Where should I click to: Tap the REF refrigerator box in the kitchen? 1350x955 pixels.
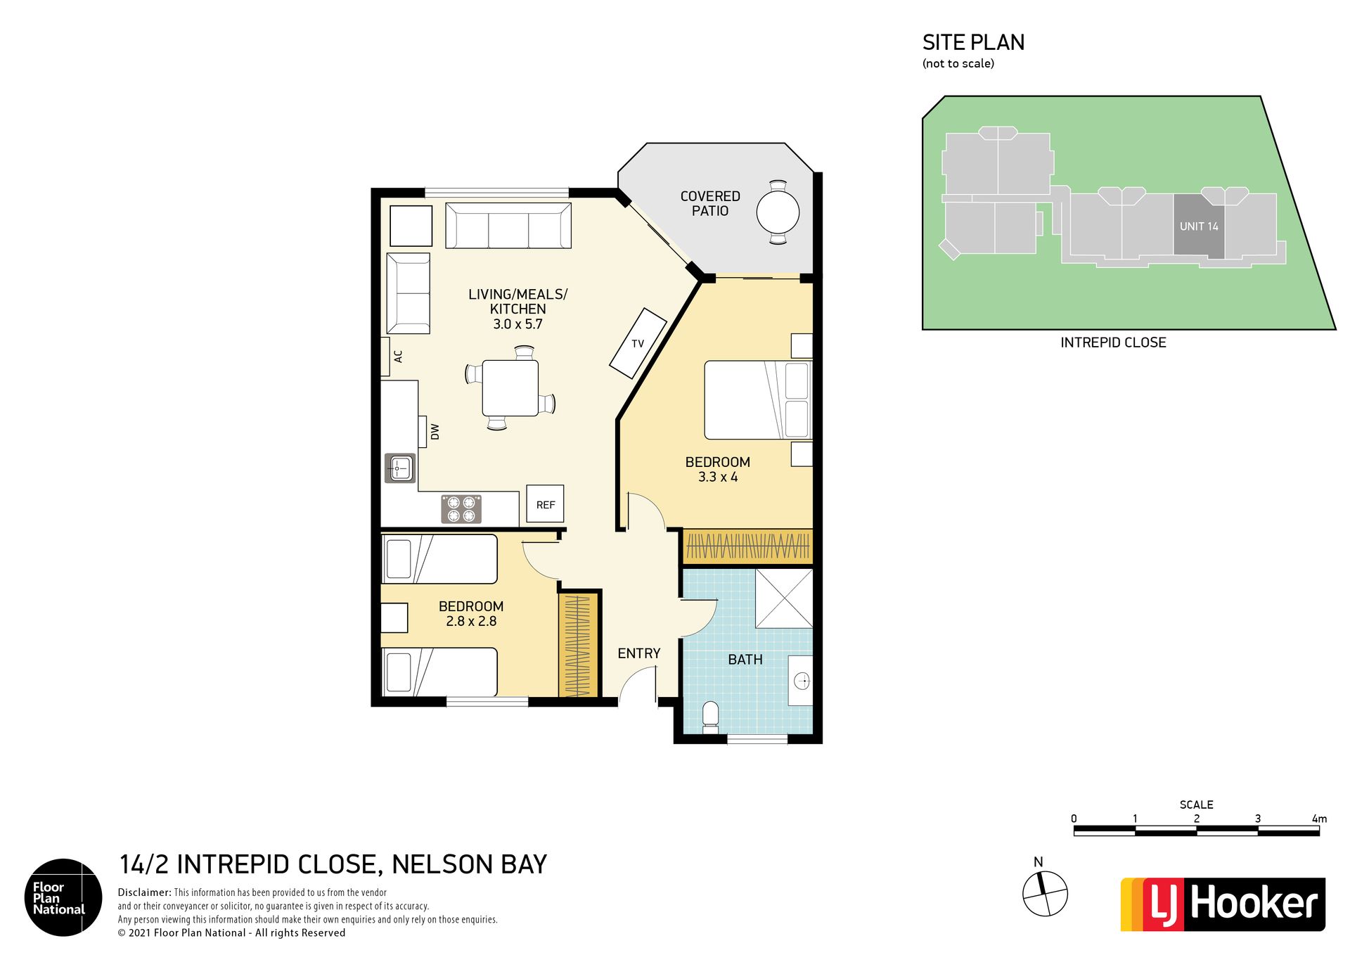[x=545, y=504]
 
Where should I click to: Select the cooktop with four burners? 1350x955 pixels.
[x=461, y=509]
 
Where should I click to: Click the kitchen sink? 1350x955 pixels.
[x=400, y=468]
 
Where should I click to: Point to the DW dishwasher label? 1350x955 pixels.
[x=435, y=432]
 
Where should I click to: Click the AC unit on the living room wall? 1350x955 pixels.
[x=385, y=357]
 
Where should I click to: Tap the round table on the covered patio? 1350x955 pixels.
[x=778, y=212]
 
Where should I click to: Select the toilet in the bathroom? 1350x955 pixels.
[x=710, y=718]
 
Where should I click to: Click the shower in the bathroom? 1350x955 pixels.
[x=784, y=598]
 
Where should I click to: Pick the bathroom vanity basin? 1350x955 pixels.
[x=802, y=681]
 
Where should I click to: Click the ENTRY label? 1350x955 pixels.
[x=638, y=653]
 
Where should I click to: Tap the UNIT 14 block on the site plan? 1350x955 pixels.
[x=1199, y=226]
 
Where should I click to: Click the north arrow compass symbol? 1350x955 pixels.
[x=1045, y=893]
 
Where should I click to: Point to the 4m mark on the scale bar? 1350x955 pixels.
[x=1319, y=819]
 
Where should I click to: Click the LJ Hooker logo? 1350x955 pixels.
[x=1223, y=904]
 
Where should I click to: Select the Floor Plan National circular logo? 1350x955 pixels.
[x=63, y=897]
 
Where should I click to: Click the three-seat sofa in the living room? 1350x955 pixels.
[x=508, y=226]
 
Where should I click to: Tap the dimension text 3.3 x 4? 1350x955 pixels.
[x=717, y=477]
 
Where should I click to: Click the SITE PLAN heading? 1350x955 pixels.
[x=973, y=43]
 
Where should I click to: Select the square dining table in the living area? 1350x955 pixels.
[x=510, y=387]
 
